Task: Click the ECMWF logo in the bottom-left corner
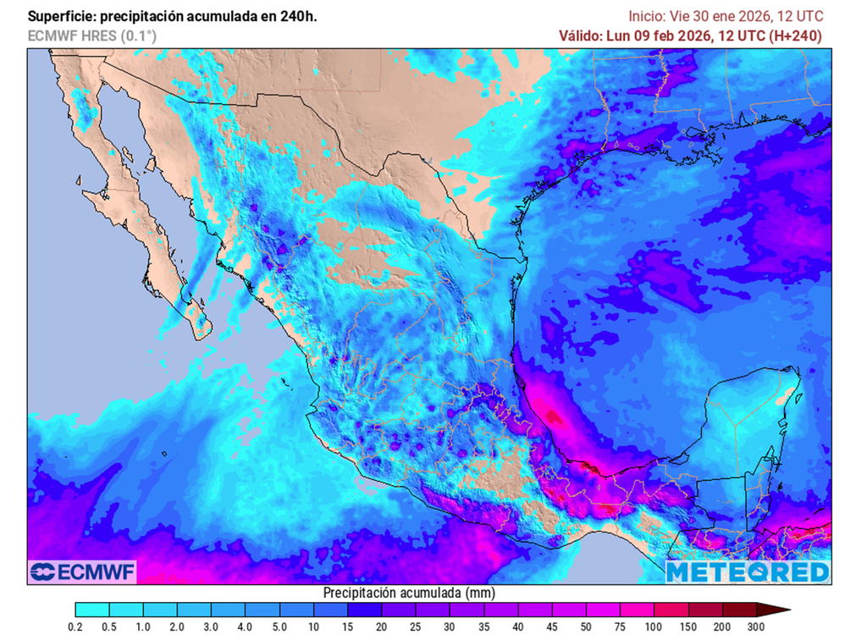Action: [82, 572]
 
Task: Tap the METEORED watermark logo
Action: [748, 572]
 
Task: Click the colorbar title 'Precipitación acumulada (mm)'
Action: [409, 593]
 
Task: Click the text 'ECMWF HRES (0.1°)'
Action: [91, 36]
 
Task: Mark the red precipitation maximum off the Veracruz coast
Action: [553, 416]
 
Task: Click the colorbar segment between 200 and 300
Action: [739, 610]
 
